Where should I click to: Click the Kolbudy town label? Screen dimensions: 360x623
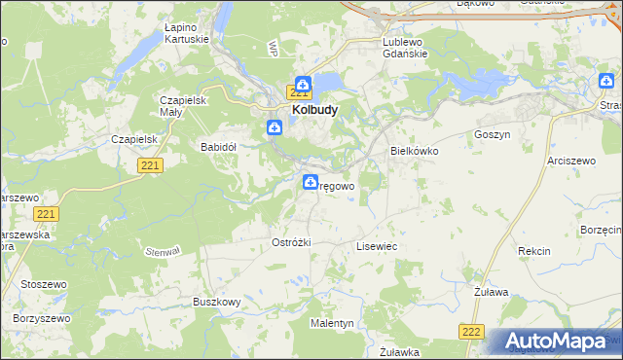click(x=314, y=111)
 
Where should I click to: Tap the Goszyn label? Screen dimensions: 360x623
click(x=492, y=135)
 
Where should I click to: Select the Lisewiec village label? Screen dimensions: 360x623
click(x=377, y=247)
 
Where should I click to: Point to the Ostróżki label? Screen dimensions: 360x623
click(x=290, y=242)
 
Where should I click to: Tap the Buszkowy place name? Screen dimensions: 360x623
click(x=216, y=303)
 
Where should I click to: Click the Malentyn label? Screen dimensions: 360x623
click(x=332, y=322)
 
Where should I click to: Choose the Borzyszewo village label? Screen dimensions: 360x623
click(x=43, y=318)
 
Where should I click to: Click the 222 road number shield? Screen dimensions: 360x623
click(x=472, y=333)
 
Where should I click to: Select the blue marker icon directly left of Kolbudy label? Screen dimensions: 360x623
click(x=275, y=126)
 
